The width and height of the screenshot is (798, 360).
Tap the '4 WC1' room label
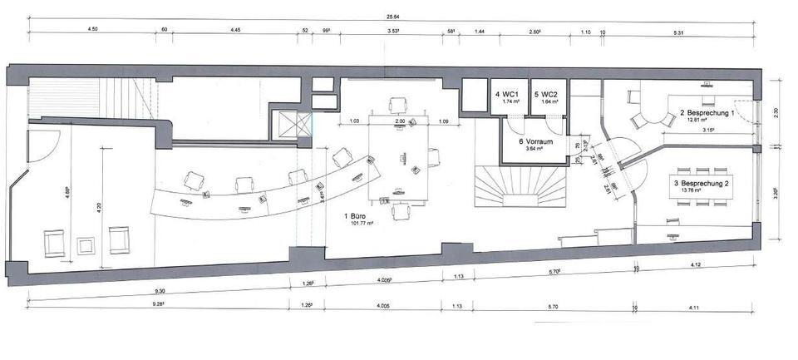pyautogui.click(x=507, y=94)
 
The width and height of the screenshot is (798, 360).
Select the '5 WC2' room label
pyautogui.click(x=546, y=94)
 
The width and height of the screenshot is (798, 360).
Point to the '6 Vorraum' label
pyautogui.click(x=531, y=141)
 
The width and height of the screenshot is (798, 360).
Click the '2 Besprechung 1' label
pyautogui.click(x=707, y=112)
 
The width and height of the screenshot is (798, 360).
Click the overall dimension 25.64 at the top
pyautogui.click(x=395, y=17)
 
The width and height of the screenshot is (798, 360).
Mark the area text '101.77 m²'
pyautogui.click(x=358, y=224)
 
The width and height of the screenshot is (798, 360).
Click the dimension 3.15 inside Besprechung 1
pyautogui.click(x=709, y=130)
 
